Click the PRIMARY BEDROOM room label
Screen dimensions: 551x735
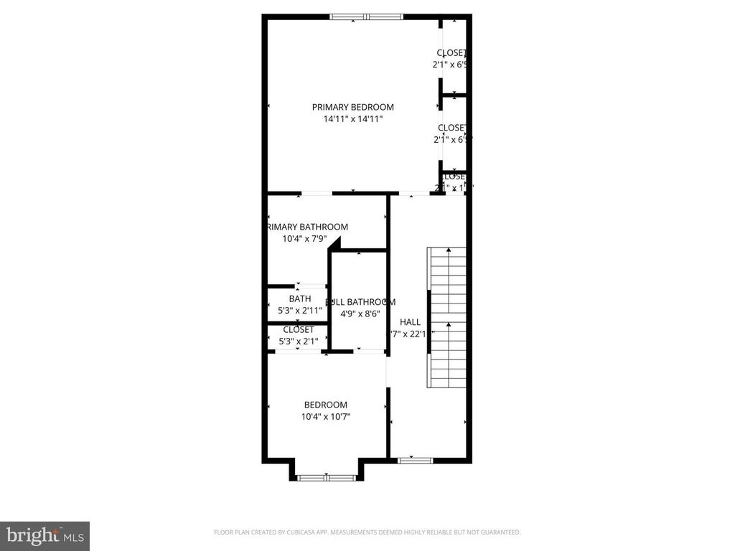[x=352, y=107]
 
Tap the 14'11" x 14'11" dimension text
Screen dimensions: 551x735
[x=352, y=119]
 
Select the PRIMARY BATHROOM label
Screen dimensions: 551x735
[x=307, y=227]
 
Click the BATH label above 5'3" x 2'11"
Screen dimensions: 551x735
[x=300, y=298]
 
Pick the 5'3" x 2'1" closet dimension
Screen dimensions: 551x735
[x=298, y=342]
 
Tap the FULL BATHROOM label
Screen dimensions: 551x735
[x=361, y=302]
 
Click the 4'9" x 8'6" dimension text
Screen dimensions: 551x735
[x=359, y=314]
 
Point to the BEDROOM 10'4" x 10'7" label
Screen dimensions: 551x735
[x=325, y=405]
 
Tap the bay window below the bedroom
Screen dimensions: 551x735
[x=326, y=476]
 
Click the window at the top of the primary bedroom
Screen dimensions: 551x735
[x=366, y=17]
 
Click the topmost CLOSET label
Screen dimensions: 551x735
[x=451, y=52]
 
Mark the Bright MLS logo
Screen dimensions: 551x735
[x=45, y=535]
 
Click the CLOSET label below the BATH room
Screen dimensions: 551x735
[x=298, y=329]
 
